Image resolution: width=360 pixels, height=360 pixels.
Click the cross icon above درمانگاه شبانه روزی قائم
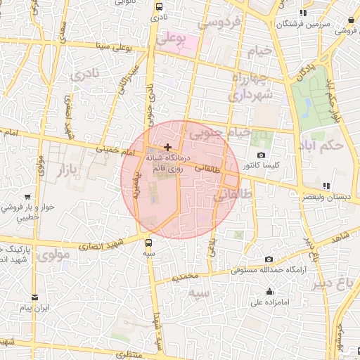pos(167,146)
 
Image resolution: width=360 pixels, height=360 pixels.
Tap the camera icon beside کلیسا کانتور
pos(262,155)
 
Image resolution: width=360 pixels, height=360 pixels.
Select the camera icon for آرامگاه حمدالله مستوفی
pos(269,259)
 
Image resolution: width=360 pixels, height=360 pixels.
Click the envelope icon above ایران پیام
pos(34,298)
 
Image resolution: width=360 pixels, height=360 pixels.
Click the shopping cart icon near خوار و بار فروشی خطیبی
pos(27,198)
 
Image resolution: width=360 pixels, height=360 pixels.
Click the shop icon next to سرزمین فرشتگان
pos(303,13)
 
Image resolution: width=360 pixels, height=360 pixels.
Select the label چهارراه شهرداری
pos(250,85)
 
